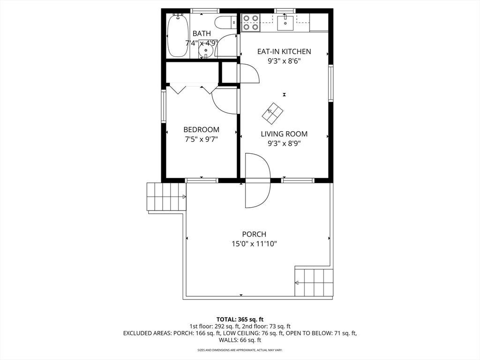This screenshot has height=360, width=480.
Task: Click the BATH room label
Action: (202, 33)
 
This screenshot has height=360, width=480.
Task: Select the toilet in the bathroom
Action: (225, 22)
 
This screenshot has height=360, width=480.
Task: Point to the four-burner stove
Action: (250, 22)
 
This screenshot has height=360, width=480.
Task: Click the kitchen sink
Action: (285, 22)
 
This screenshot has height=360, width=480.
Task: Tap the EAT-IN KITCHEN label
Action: (284, 52)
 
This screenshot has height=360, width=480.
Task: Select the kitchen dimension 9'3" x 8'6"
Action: (284, 61)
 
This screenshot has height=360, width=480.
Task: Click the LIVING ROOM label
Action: (284, 134)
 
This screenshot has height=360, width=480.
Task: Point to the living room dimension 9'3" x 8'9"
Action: (284, 143)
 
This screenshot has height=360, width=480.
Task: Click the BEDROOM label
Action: (201, 129)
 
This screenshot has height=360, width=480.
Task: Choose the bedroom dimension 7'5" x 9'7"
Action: (201, 139)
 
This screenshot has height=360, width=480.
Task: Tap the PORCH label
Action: (254, 234)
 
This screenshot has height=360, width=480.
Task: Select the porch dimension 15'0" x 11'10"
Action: (254, 244)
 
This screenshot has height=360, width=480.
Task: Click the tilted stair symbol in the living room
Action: (273, 113)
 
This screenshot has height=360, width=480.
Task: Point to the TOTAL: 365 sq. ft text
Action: (240, 320)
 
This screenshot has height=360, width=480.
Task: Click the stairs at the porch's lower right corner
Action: (314, 283)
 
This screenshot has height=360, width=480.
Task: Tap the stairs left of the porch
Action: (166, 196)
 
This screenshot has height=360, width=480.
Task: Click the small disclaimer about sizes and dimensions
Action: (240, 350)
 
